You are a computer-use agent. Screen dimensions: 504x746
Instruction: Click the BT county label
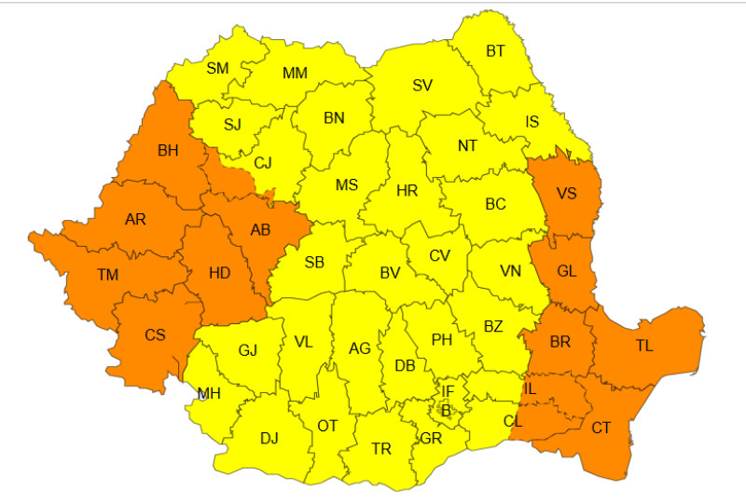click(x=495, y=51)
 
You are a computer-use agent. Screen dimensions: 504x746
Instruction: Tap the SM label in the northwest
click(x=217, y=67)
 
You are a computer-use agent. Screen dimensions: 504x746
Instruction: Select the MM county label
click(x=295, y=73)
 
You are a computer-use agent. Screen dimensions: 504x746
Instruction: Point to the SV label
click(x=422, y=86)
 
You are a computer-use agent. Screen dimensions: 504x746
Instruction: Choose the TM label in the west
click(x=108, y=275)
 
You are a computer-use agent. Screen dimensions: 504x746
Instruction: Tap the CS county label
click(x=155, y=334)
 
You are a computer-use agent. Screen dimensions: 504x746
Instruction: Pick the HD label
click(x=220, y=273)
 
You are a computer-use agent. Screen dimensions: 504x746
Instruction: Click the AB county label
click(x=262, y=230)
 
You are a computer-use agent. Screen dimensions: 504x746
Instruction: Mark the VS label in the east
click(x=566, y=194)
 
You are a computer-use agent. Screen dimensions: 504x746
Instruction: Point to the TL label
click(x=644, y=345)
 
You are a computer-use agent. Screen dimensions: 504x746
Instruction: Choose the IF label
click(x=448, y=391)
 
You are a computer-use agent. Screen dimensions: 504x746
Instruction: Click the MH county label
click(x=209, y=393)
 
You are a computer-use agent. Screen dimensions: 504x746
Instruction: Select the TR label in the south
click(x=381, y=448)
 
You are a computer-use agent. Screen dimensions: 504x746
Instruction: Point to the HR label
click(x=407, y=191)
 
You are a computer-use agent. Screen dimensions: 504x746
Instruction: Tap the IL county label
click(x=531, y=387)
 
